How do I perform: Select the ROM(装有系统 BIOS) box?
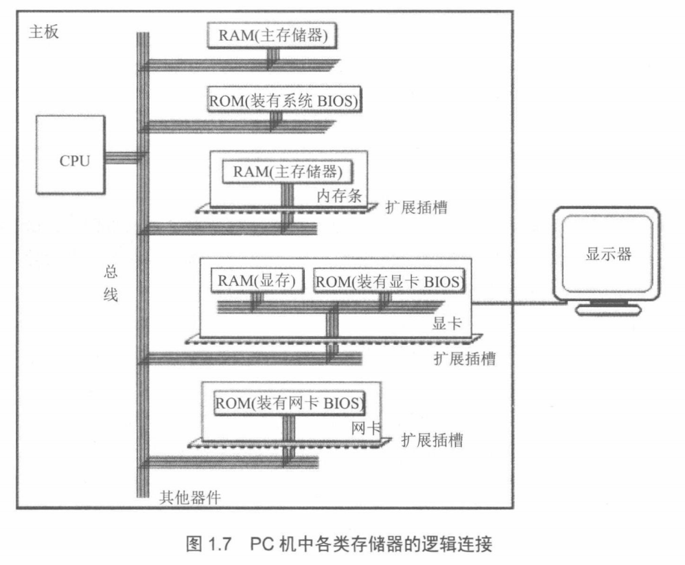[x=283, y=100]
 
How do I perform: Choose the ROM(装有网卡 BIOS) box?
[x=289, y=401]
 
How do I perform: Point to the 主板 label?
[x=43, y=33]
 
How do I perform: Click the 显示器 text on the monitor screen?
[x=608, y=254]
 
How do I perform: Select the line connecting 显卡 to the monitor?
[x=515, y=302]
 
